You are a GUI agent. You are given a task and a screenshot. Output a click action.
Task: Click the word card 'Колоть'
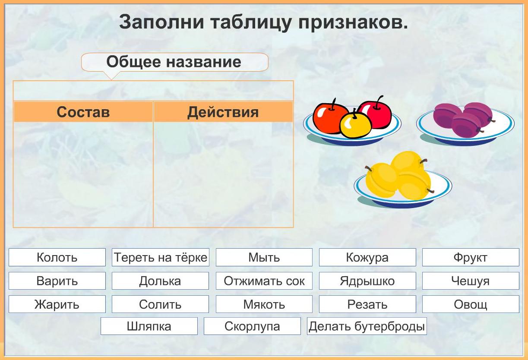pos(57,257)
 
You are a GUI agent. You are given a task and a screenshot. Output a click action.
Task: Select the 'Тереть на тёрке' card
pos(161,257)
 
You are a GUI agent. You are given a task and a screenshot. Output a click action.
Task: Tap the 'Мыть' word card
pos(264,257)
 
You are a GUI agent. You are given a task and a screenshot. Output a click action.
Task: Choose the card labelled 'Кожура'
pos(367,257)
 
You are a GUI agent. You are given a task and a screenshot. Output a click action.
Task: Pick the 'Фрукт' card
pos(471,257)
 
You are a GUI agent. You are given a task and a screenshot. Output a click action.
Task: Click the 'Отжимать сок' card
pos(264,281)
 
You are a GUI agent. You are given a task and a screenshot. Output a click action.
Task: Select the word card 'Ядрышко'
pos(367,281)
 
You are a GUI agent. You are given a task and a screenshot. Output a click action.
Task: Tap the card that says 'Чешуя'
pos(471,281)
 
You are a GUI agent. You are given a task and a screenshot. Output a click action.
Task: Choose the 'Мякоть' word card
pos(264,304)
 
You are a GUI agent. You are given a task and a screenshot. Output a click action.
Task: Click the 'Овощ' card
pos(471,304)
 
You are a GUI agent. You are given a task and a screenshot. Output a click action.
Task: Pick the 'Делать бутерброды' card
pos(367,326)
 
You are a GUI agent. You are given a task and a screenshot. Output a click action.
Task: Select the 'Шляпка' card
pos(149,326)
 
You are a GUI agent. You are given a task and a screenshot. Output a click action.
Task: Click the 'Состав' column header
pos(83,112)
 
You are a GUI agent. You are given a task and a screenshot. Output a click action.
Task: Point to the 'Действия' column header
pos(223,112)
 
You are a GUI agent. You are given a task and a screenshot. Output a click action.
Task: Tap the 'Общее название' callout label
pos(175,62)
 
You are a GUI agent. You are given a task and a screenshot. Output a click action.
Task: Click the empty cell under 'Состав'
pos(83,174)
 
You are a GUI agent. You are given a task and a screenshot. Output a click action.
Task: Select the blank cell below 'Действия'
pos(223,174)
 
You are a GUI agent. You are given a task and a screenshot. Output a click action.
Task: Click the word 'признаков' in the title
pos(353,22)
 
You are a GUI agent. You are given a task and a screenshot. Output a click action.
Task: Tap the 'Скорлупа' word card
pos(252,326)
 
